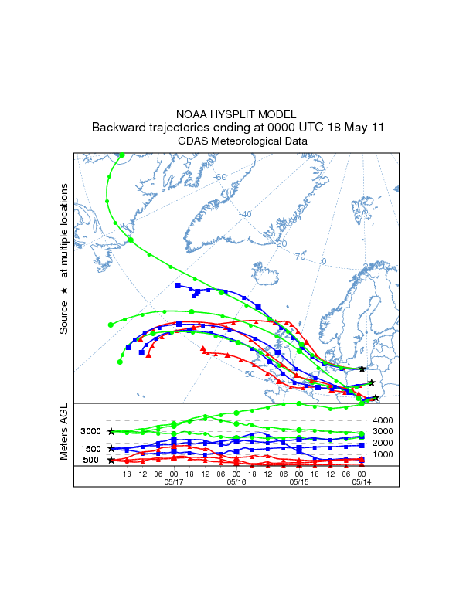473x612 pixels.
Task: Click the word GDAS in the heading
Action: [x=193, y=141]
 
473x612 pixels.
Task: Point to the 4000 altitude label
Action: [x=383, y=420]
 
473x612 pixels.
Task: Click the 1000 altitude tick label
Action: [x=383, y=454]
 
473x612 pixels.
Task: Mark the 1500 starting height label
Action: [x=91, y=449]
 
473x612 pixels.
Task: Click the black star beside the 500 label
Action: [x=111, y=461]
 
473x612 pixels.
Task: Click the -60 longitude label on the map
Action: [x=221, y=177]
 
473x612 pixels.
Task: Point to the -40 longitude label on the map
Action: [x=246, y=214]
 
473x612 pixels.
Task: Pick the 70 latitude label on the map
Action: [x=300, y=256]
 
